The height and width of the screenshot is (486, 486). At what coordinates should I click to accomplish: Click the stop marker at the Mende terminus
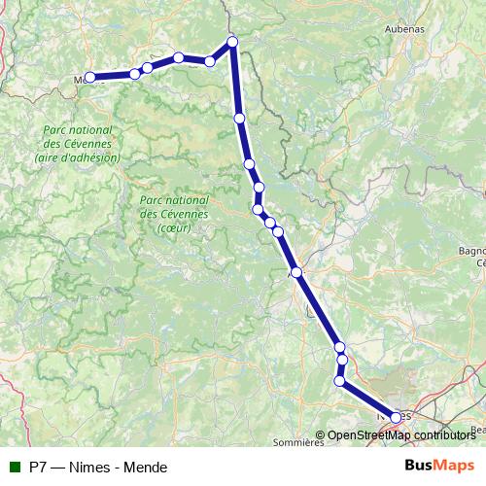[89, 77]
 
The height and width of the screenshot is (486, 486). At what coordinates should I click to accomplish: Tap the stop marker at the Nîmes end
[396, 417]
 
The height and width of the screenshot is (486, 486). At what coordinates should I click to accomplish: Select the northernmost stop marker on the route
[232, 41]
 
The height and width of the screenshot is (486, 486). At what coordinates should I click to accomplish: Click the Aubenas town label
[404, 29]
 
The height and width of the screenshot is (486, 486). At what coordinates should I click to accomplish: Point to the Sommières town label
[298, 442]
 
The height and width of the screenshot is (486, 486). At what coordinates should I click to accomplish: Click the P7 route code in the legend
[39, 467]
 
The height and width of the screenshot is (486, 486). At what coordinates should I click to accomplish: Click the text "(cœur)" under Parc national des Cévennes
[174, 227]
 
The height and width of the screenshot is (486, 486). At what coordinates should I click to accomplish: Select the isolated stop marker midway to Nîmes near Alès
[296, 273]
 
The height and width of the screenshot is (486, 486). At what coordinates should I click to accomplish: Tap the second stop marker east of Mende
[147, 68]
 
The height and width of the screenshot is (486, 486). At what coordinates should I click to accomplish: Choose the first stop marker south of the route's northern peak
[239, 118]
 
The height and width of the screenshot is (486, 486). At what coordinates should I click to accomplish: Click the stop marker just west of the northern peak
[210, 61]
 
